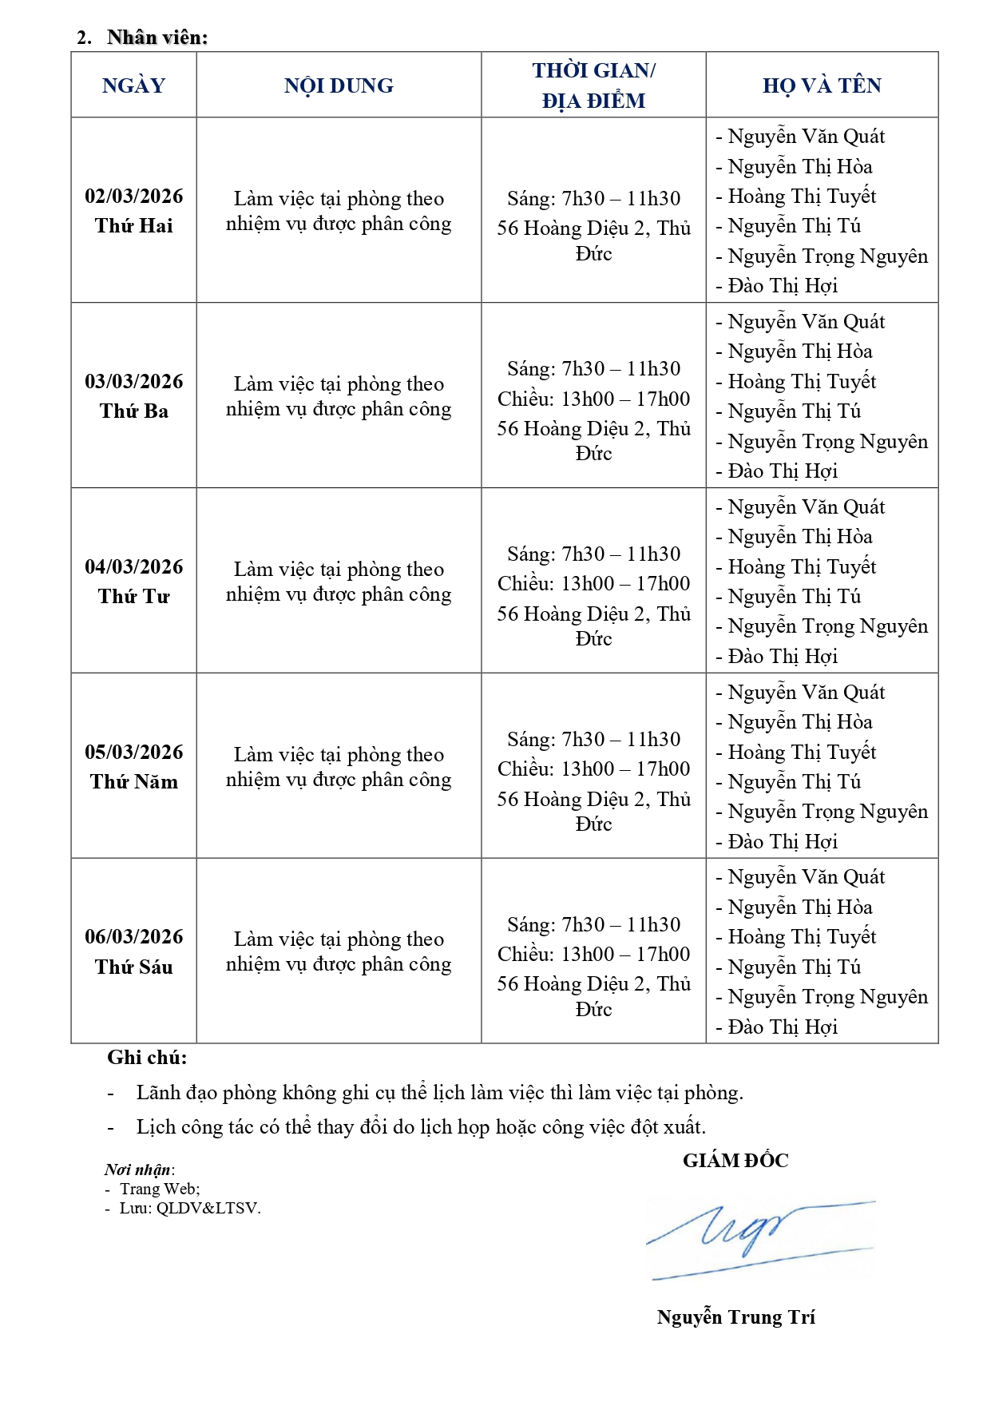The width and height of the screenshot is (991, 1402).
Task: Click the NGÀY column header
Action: (x=133, y=85)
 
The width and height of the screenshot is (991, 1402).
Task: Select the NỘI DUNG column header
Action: (x=339, y=85)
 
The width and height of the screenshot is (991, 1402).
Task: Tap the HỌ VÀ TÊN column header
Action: (x=822, y=85)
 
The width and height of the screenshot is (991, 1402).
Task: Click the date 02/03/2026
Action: (x=133, y=197)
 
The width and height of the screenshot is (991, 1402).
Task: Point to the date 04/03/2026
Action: (x=133, y=567)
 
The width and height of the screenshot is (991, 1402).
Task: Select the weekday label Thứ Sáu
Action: (x=133, y=967)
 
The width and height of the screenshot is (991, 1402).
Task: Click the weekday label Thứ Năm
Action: (x=133, y=781)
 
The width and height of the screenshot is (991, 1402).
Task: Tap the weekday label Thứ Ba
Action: (x=133, y=411)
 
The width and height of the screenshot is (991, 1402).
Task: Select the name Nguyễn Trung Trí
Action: (x=735, y=1317)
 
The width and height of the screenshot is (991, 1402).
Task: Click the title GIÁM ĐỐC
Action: (x=735, y=1161)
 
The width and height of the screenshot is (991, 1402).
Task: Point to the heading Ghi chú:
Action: (x=147, y=1058)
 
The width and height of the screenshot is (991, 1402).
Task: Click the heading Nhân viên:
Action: (x=157, y=38)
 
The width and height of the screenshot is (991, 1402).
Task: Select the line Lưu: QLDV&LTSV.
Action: (x=190, y=1208)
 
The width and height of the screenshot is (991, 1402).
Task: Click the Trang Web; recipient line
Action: (x=160, y=1189)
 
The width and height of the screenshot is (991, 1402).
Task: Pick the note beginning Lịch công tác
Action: (x=421, y=1127)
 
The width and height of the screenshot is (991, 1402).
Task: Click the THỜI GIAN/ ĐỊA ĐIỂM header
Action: (x=593, y=85)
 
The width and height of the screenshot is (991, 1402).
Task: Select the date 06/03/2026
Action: (x=133, y=937)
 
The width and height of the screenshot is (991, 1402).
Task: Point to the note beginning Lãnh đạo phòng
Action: (x=439, y=1093)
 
